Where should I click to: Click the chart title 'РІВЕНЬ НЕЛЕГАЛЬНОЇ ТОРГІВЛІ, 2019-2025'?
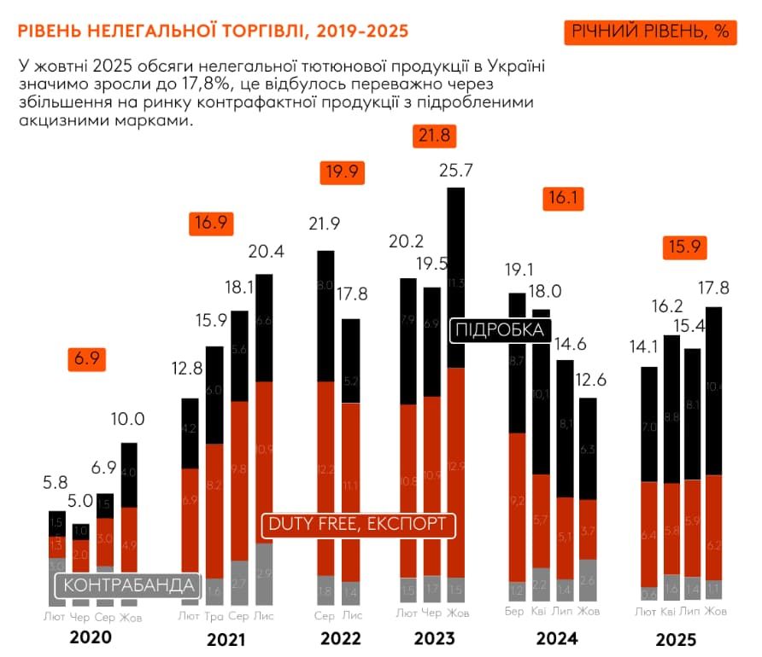[213, 32]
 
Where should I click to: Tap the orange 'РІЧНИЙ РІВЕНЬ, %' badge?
[650, 32]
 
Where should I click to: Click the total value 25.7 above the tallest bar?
[456, 171]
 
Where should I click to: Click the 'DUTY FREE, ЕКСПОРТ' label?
[358, 524]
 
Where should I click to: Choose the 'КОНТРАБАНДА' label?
[127, 585]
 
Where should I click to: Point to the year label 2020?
[91, 637]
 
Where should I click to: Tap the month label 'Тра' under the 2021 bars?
[215, 614]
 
